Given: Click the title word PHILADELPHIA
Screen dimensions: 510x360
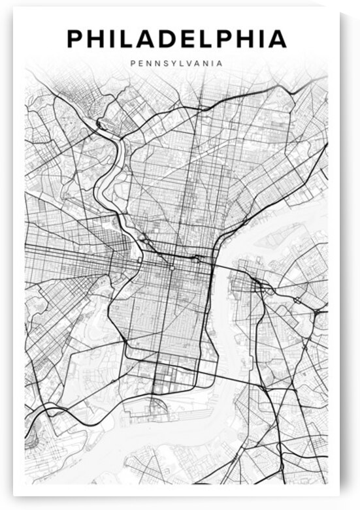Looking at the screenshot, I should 176,39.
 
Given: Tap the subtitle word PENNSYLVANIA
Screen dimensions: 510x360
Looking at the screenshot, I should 176,64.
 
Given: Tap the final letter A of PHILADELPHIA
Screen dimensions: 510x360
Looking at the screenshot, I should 277,39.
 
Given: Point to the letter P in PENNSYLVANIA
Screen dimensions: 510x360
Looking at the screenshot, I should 133,64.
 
